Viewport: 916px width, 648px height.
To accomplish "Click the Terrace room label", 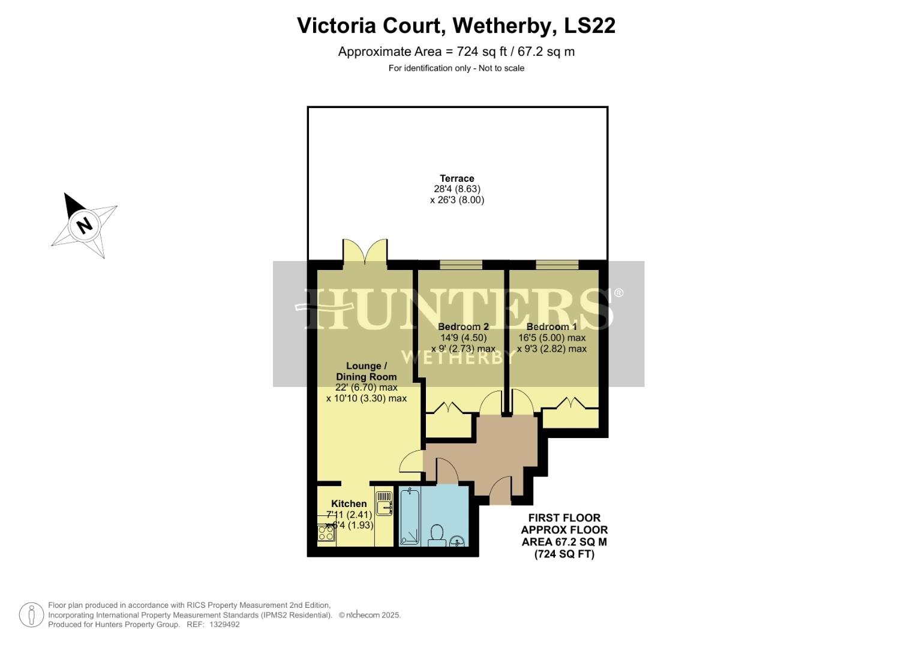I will (x=457, y=178).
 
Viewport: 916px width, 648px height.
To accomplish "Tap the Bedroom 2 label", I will (x=463, y=326).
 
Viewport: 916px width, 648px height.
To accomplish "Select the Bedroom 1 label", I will (x=551, y=326).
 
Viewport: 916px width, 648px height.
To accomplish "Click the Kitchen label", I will (x=349, y=503).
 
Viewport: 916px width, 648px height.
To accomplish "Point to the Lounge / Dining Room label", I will (x=366, y=371).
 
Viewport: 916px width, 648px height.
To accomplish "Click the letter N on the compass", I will (x=85, y=225).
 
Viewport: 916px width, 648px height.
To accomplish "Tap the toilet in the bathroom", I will (x=437, y=535).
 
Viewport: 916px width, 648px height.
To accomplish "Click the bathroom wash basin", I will (x=457, y=541).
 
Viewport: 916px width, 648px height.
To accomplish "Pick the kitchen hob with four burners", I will (x=326, y=533).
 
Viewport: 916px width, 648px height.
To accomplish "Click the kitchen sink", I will (x=384, y=503).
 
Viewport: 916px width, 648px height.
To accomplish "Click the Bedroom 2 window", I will (x=461, y=265).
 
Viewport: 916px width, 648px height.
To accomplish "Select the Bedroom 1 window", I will (x=557, y=265).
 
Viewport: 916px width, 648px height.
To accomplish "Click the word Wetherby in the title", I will (x=503, y=26).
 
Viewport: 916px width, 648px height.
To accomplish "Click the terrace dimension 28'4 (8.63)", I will (x=457, y=189).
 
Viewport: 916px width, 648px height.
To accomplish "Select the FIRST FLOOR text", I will (x=564, y=518).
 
